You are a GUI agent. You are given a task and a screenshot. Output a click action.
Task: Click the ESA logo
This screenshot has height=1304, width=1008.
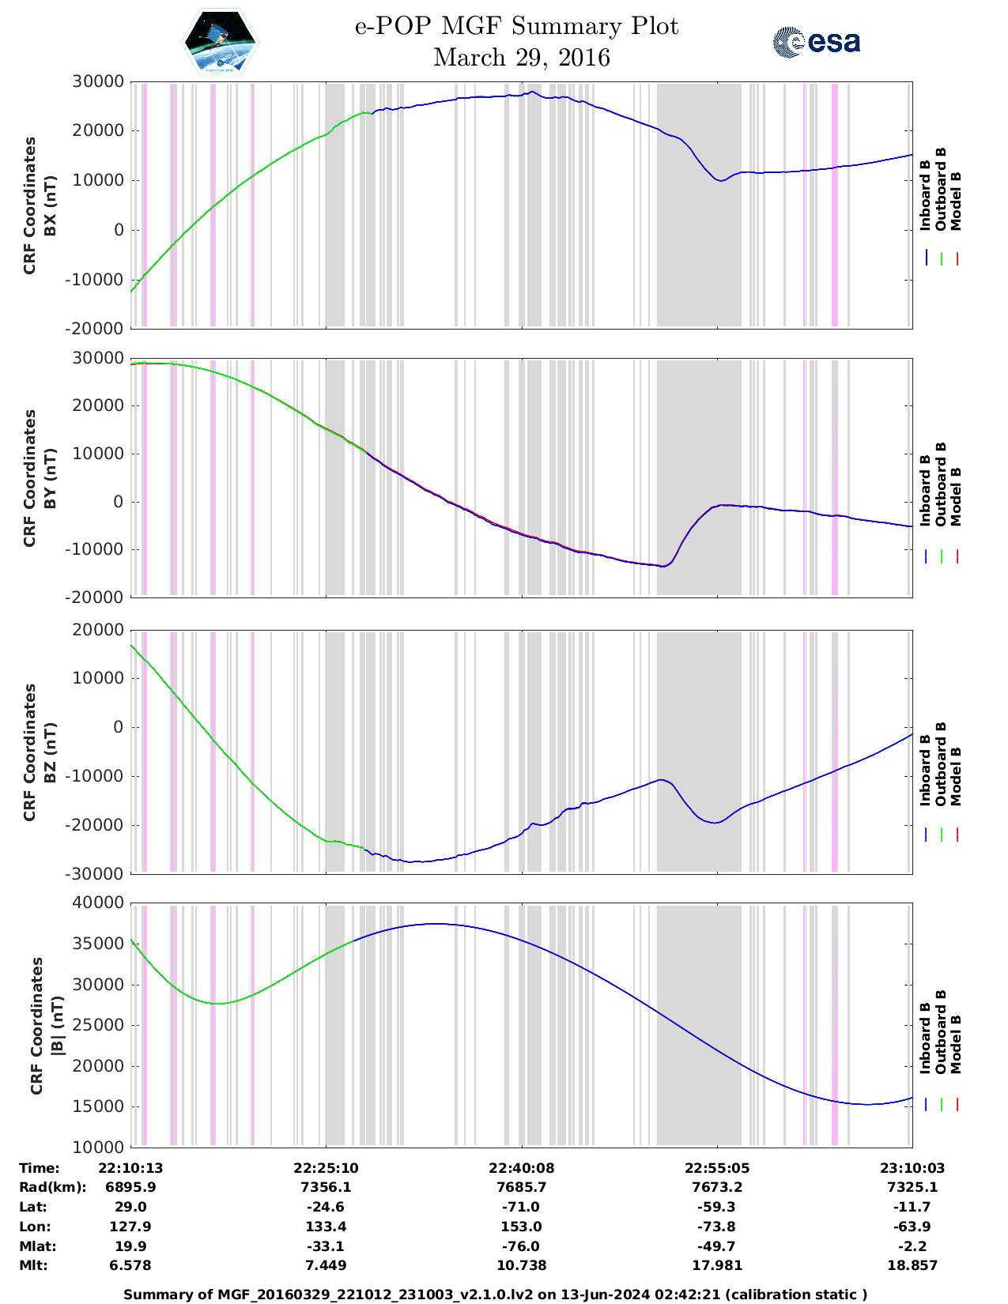click(817, 42)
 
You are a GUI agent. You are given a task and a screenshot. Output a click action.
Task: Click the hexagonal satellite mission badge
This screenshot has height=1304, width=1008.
click(221, 42)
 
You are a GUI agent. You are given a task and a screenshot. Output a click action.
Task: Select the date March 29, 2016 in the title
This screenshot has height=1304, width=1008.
click(522, 58)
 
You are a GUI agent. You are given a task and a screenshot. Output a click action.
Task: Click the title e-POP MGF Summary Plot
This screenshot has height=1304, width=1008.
click(516, 26)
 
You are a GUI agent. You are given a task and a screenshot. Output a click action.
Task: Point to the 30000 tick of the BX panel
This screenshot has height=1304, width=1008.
click(97, 81)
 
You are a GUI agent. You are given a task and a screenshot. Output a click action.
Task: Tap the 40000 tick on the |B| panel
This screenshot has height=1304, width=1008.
click(97, 903)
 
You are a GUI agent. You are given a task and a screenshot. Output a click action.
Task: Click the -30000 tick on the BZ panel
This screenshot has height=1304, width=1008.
click(97, 873)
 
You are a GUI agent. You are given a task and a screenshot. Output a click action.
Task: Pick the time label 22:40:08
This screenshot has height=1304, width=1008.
click(520, 1168)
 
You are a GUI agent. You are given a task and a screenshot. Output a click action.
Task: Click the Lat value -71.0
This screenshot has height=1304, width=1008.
click(520, 1207)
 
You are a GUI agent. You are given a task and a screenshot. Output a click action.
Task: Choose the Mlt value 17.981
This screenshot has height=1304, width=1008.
click(716, 1265)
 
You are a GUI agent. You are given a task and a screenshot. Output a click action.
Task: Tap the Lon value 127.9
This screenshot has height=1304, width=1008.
click(130, 1227)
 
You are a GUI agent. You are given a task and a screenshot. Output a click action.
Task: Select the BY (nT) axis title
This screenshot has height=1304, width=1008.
click(50, 477)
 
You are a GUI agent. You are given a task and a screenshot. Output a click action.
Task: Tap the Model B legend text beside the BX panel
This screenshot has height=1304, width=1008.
click(956, 201)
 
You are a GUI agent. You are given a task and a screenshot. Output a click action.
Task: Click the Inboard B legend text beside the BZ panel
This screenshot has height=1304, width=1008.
click(926, 763)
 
